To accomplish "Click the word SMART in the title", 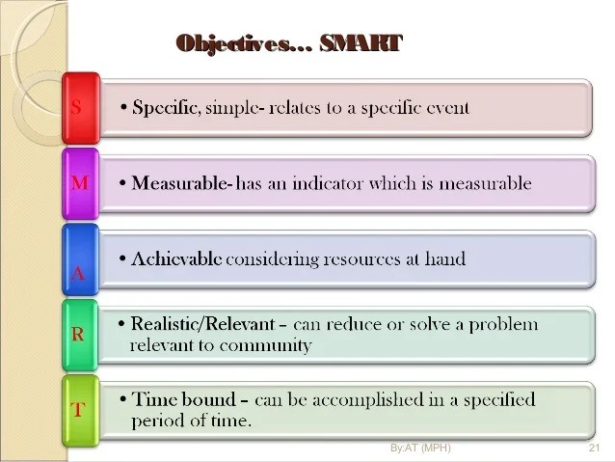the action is [361, 43].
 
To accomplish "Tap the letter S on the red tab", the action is [76, 107].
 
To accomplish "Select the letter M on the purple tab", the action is [80, 182].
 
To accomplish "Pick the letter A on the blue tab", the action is [78, 273].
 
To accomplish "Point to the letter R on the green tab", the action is [78, 335].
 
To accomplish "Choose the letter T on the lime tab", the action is [78, 409].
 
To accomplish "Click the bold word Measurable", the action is [179, 183].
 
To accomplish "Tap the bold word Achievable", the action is [176, 258].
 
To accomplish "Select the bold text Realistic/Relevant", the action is [202, 324].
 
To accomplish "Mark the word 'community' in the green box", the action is [265, 346].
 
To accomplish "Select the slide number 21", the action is [594, 448].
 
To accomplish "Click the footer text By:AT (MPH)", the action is [420, 448].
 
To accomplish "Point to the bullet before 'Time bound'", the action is [123, 399].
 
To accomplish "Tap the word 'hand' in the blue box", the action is [445, 258].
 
